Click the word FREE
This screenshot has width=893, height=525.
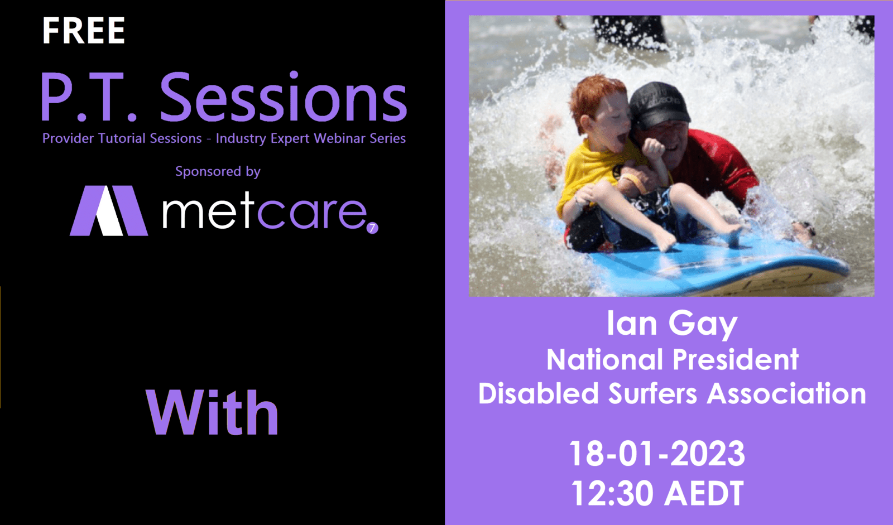coord(84,30)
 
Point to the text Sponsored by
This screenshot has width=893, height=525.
coord(218,171)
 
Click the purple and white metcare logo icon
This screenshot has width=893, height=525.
coord(109,210)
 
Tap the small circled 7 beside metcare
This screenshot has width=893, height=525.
coord(372,228)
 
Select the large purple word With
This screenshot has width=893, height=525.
coord(212,413)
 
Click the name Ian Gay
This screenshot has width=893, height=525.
coord(672,324)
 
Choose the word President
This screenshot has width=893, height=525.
coord(736,359)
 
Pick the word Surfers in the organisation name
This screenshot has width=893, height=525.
coord(652,393)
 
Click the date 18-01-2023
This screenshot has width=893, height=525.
coord(657,454)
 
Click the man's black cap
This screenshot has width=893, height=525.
coord(660,105)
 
